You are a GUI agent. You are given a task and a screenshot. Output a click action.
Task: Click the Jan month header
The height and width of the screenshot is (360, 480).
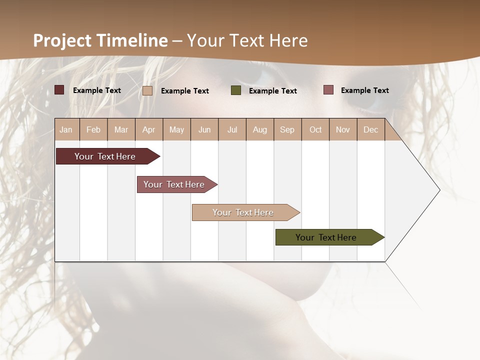coord(66,129)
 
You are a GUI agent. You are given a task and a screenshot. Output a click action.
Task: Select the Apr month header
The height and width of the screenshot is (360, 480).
coord(149,129)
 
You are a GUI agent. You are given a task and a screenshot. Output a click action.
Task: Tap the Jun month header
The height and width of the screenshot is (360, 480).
coord(204,129)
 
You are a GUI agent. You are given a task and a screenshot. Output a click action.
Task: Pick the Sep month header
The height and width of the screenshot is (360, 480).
coord(287,129)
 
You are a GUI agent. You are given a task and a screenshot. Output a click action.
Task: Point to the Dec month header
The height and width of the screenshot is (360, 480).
coord(370,129)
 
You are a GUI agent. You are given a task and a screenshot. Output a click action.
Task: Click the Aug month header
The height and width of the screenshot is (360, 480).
coord(259,129)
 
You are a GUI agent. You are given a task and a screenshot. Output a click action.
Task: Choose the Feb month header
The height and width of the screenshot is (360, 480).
coord(93,129)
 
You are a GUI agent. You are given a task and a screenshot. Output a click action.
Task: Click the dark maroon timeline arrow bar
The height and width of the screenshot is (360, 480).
coord(105,156)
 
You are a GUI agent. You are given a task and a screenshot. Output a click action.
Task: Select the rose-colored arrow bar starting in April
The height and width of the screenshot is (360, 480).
coord(174,184)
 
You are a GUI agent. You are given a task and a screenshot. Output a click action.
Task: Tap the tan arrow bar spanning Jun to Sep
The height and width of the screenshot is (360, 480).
coord(243,212)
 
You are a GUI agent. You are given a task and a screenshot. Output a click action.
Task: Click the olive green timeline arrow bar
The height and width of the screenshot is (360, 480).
coord(326,237)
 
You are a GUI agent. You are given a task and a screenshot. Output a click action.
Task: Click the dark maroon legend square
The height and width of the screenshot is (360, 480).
coord(59,90)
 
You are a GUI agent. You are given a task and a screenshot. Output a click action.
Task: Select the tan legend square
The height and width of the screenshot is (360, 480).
coord(147,90)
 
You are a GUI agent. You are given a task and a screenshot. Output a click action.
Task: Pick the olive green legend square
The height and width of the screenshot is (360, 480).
coord(236,90)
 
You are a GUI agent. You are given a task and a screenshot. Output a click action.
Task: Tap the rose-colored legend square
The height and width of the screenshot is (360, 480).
coord(328,90)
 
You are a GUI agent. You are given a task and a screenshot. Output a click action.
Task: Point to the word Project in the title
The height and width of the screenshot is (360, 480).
coord(63,40)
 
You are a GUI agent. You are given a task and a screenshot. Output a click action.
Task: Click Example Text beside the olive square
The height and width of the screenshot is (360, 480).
coord(273,91)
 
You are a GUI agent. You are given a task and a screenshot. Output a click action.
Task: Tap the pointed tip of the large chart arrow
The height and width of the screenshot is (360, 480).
coord(438,190)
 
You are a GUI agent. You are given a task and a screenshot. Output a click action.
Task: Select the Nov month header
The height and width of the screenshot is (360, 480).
coord(343,129)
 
